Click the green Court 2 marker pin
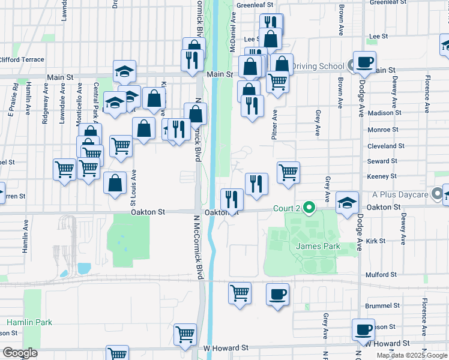(x=309, y=208)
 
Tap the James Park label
(x=318, y=247)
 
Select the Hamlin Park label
(x=29, y=322)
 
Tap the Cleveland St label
(x=382, y=146)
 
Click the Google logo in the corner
(x=20, y=353)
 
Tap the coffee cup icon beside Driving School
(x=364, y=62)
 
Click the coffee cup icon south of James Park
(x=277, y=295)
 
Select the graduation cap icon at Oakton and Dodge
(x=346, y=203)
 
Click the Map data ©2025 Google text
(x=412, y=355)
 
